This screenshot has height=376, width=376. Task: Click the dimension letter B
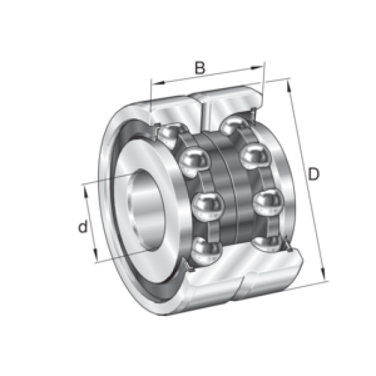pyautogui.click(x=199, y=67)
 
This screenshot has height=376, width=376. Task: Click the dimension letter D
pyautogui.click(x=313, y=174)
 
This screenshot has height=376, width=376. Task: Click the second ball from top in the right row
pyautogui.click(x=254, y=156)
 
